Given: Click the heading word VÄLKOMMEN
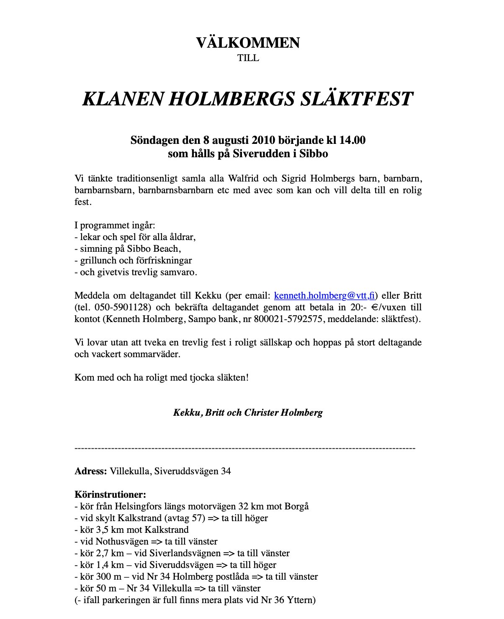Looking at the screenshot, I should coord(248,43).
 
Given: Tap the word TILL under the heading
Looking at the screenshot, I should coord(248,58).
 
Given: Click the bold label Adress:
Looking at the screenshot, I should coord(91,471).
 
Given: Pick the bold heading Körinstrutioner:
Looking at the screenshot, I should coord(110,495).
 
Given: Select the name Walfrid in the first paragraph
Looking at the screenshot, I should coord(244,179).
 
